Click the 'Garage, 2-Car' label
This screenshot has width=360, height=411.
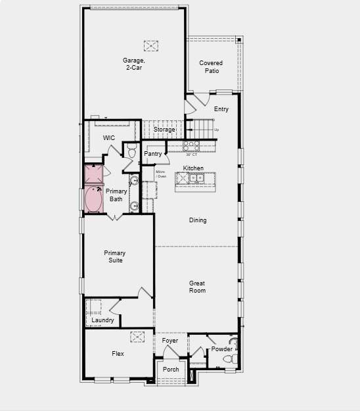pyautogui.click(x=133, y=64)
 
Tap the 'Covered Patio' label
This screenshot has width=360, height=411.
pyautogui.click(x=211, y=66)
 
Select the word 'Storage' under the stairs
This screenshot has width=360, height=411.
pyautogui.click(x=164, y=130)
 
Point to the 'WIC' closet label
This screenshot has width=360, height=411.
pyautogui.click(x=109, y=137)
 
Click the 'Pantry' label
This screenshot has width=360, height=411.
pyautogui.click(x=153, y=154)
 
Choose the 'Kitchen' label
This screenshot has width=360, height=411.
pyautogui.click(x=193, y=168)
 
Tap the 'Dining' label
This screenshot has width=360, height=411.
pyautogui.click(x=198, y=220)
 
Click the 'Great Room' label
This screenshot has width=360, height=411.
pyautogui.click(x=197, y=287)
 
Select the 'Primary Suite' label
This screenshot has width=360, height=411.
pyautogui.click(x=114, y=256)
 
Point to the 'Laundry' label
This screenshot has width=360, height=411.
pyautogui.click(x=102, y=320)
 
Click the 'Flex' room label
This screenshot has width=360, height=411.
pyautogui.click(x=118, y=354)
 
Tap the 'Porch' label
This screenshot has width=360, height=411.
pyautogui.click(x=171, y=370)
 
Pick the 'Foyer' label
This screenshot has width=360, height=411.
pyautogui.click(x=170, y=341)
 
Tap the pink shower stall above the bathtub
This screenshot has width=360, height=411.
pyautogui.click(x=93, y=174)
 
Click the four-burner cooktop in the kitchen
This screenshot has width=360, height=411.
pyautogui.click(x=191, y=146)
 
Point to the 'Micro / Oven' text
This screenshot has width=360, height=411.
pyautogui.click(x=160, y=174)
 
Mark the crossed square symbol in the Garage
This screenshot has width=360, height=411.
pyautogui.click(x=151, y=45)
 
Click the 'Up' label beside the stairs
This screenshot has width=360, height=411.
pyautogui.click(x=217, y=130)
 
